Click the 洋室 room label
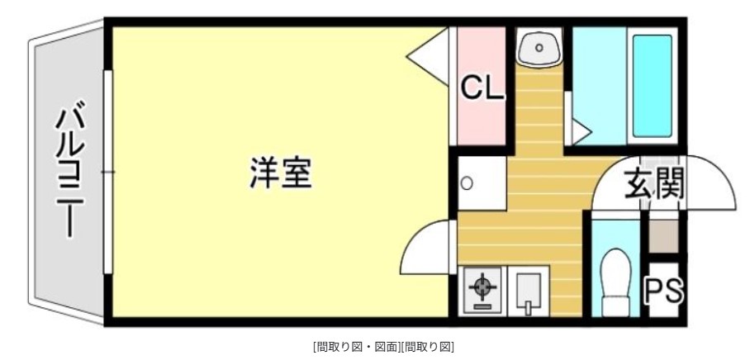pos(281,173)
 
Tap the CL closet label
pos(482,88)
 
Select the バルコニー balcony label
pos(71,172)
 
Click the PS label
pos(663,290)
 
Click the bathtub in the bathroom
pos(653,87)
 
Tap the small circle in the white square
pos(467,183)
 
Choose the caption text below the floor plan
pos(383,346)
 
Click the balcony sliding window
pos(107,172)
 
